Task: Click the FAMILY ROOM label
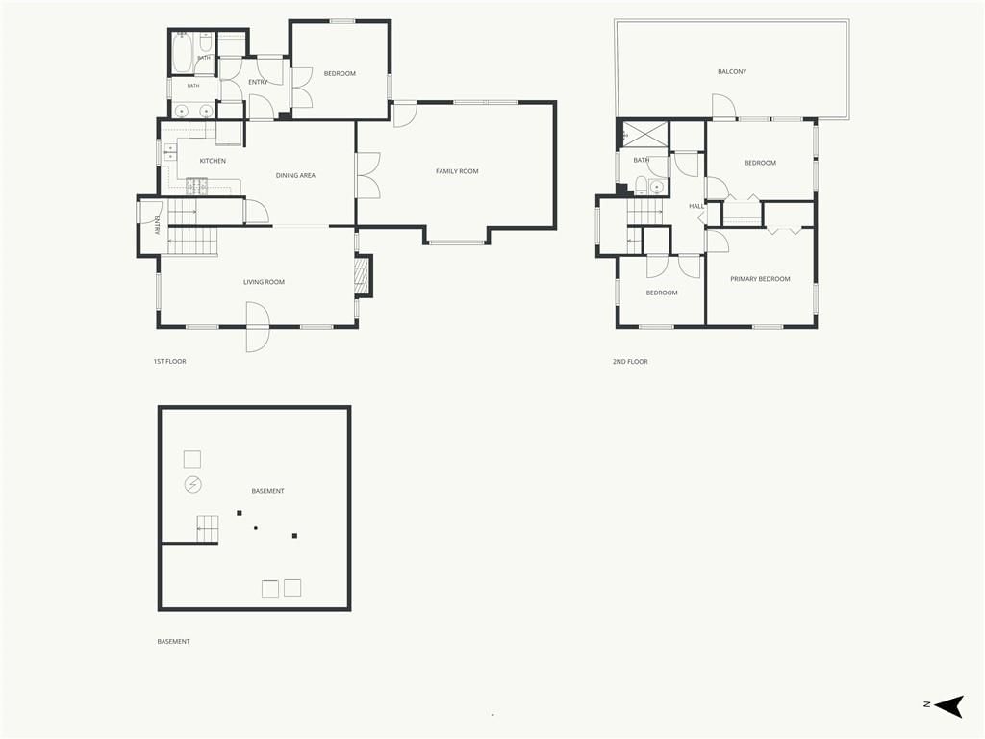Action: [x=457, y=171]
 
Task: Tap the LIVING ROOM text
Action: [x=264, y=282]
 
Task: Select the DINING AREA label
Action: [x=295, y=175]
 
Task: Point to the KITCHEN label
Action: [x=213, y=161]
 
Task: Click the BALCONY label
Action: [x=732, y=71]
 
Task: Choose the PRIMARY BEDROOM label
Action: [x=760, y=279]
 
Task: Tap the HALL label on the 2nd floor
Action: [x=696, y=206]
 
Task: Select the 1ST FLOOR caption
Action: [x=169, y=362]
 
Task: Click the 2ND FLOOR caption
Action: [x=630, y=362]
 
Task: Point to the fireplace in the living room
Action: [x=363, y=276]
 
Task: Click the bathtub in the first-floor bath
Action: [x=183, y=52]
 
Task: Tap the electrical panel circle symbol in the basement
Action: [x=192, y=485]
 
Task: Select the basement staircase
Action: [x=208, y=529]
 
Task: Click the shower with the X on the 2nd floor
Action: [x=644, y=135]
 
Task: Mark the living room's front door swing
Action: [x=258, y=327]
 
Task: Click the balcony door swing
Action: [x=723, y=106]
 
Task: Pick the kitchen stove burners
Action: [x=196, y=185]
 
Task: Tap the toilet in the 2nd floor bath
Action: [x=642, y=185]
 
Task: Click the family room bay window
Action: [x=457, y=242]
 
